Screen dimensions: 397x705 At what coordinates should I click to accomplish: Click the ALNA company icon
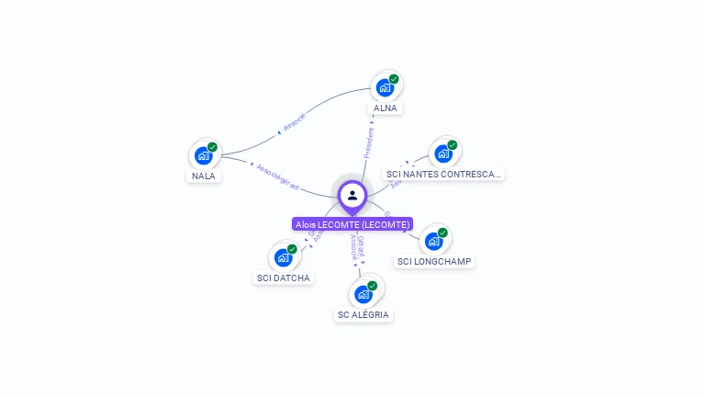385,87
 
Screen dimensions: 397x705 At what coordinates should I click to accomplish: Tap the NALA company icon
204,155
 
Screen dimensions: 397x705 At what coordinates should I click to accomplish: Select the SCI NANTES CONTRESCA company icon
443,153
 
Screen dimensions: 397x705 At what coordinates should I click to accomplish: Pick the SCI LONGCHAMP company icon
433,241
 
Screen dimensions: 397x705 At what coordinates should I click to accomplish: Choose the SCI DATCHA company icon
283,257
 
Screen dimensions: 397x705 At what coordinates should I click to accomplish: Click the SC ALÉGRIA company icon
363,294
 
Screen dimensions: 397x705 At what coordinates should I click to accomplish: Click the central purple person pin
352,195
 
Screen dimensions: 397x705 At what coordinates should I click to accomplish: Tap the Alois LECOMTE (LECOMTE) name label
352,224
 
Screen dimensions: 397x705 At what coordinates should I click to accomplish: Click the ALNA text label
386,108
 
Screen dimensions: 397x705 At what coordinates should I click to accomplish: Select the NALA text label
204,176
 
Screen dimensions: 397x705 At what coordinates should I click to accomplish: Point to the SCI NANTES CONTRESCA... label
444,174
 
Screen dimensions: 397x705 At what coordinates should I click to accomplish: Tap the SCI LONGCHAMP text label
434,261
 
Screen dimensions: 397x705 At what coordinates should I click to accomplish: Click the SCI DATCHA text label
283,278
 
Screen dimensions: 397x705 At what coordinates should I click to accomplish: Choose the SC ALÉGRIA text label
364,314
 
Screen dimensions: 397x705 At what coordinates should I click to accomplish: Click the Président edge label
369,143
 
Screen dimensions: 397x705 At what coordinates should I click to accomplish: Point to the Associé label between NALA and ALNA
294,123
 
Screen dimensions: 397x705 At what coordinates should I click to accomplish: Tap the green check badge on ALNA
394,79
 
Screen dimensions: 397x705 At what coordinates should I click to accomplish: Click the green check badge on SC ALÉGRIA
372,286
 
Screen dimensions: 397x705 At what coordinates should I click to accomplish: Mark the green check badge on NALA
212,147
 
